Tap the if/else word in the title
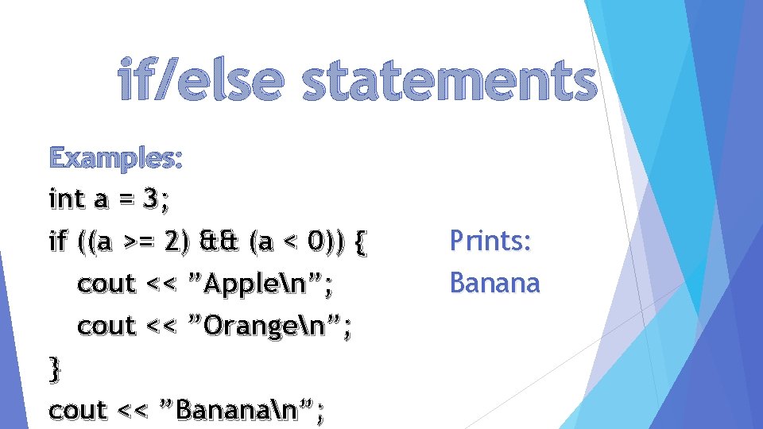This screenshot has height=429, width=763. pos(199,83)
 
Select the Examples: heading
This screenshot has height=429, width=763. pos(116,158)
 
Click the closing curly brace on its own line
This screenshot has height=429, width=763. pos(54,369)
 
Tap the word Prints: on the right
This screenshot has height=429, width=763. pos(490,240)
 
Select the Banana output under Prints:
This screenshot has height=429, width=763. pos(494,282)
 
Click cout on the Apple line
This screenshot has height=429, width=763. pos(107,284)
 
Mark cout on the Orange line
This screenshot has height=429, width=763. pos(107,326)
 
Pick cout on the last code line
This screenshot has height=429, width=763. pos(78,411)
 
